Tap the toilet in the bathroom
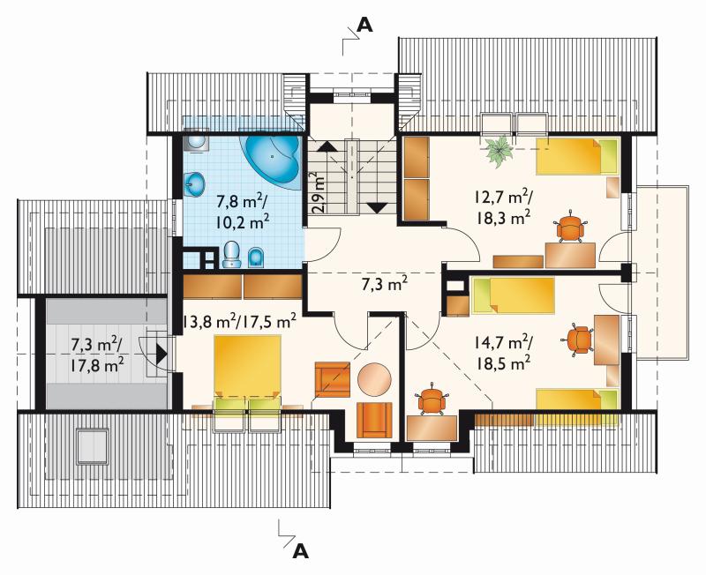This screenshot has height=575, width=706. click(x=231, y=254)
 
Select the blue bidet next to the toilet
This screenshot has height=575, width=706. click(x=256, y=257)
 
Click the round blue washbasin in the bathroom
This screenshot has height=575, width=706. click(x=194, y=184)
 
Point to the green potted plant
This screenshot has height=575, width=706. click(x=499, y=151)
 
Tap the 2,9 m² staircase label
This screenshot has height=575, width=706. click(x=319, y=192)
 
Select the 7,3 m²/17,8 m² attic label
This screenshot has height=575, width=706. click(x=96, y=355)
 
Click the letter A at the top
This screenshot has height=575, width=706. click(x=364, y=26)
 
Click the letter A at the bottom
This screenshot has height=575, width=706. click(x=301, y=551)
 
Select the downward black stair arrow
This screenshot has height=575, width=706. click(x=377, y=208)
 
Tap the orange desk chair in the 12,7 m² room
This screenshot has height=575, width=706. click(x=570, y=228)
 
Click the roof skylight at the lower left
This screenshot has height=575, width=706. click(x=93, y=447)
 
